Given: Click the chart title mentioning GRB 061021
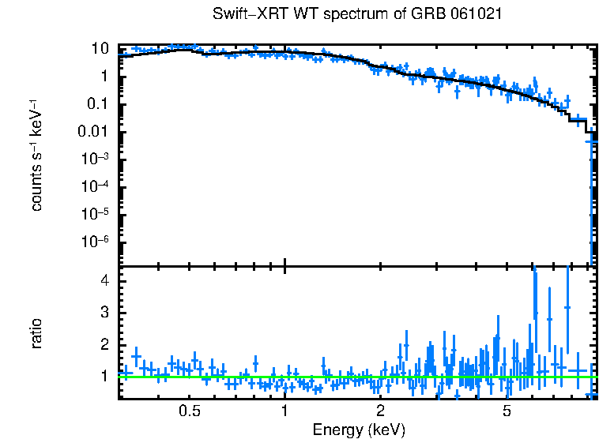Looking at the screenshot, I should click(358, 14).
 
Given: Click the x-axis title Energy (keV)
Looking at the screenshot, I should click(359, 430).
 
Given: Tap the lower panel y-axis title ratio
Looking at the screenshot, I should click(37, 332).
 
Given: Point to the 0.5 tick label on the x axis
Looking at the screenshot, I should click(189, 411).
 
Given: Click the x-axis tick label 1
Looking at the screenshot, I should click(284, 411).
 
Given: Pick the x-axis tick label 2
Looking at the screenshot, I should click(380, 411).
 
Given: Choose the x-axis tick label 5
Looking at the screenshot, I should click(507, 411).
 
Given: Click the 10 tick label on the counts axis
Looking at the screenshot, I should click(100, 48).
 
